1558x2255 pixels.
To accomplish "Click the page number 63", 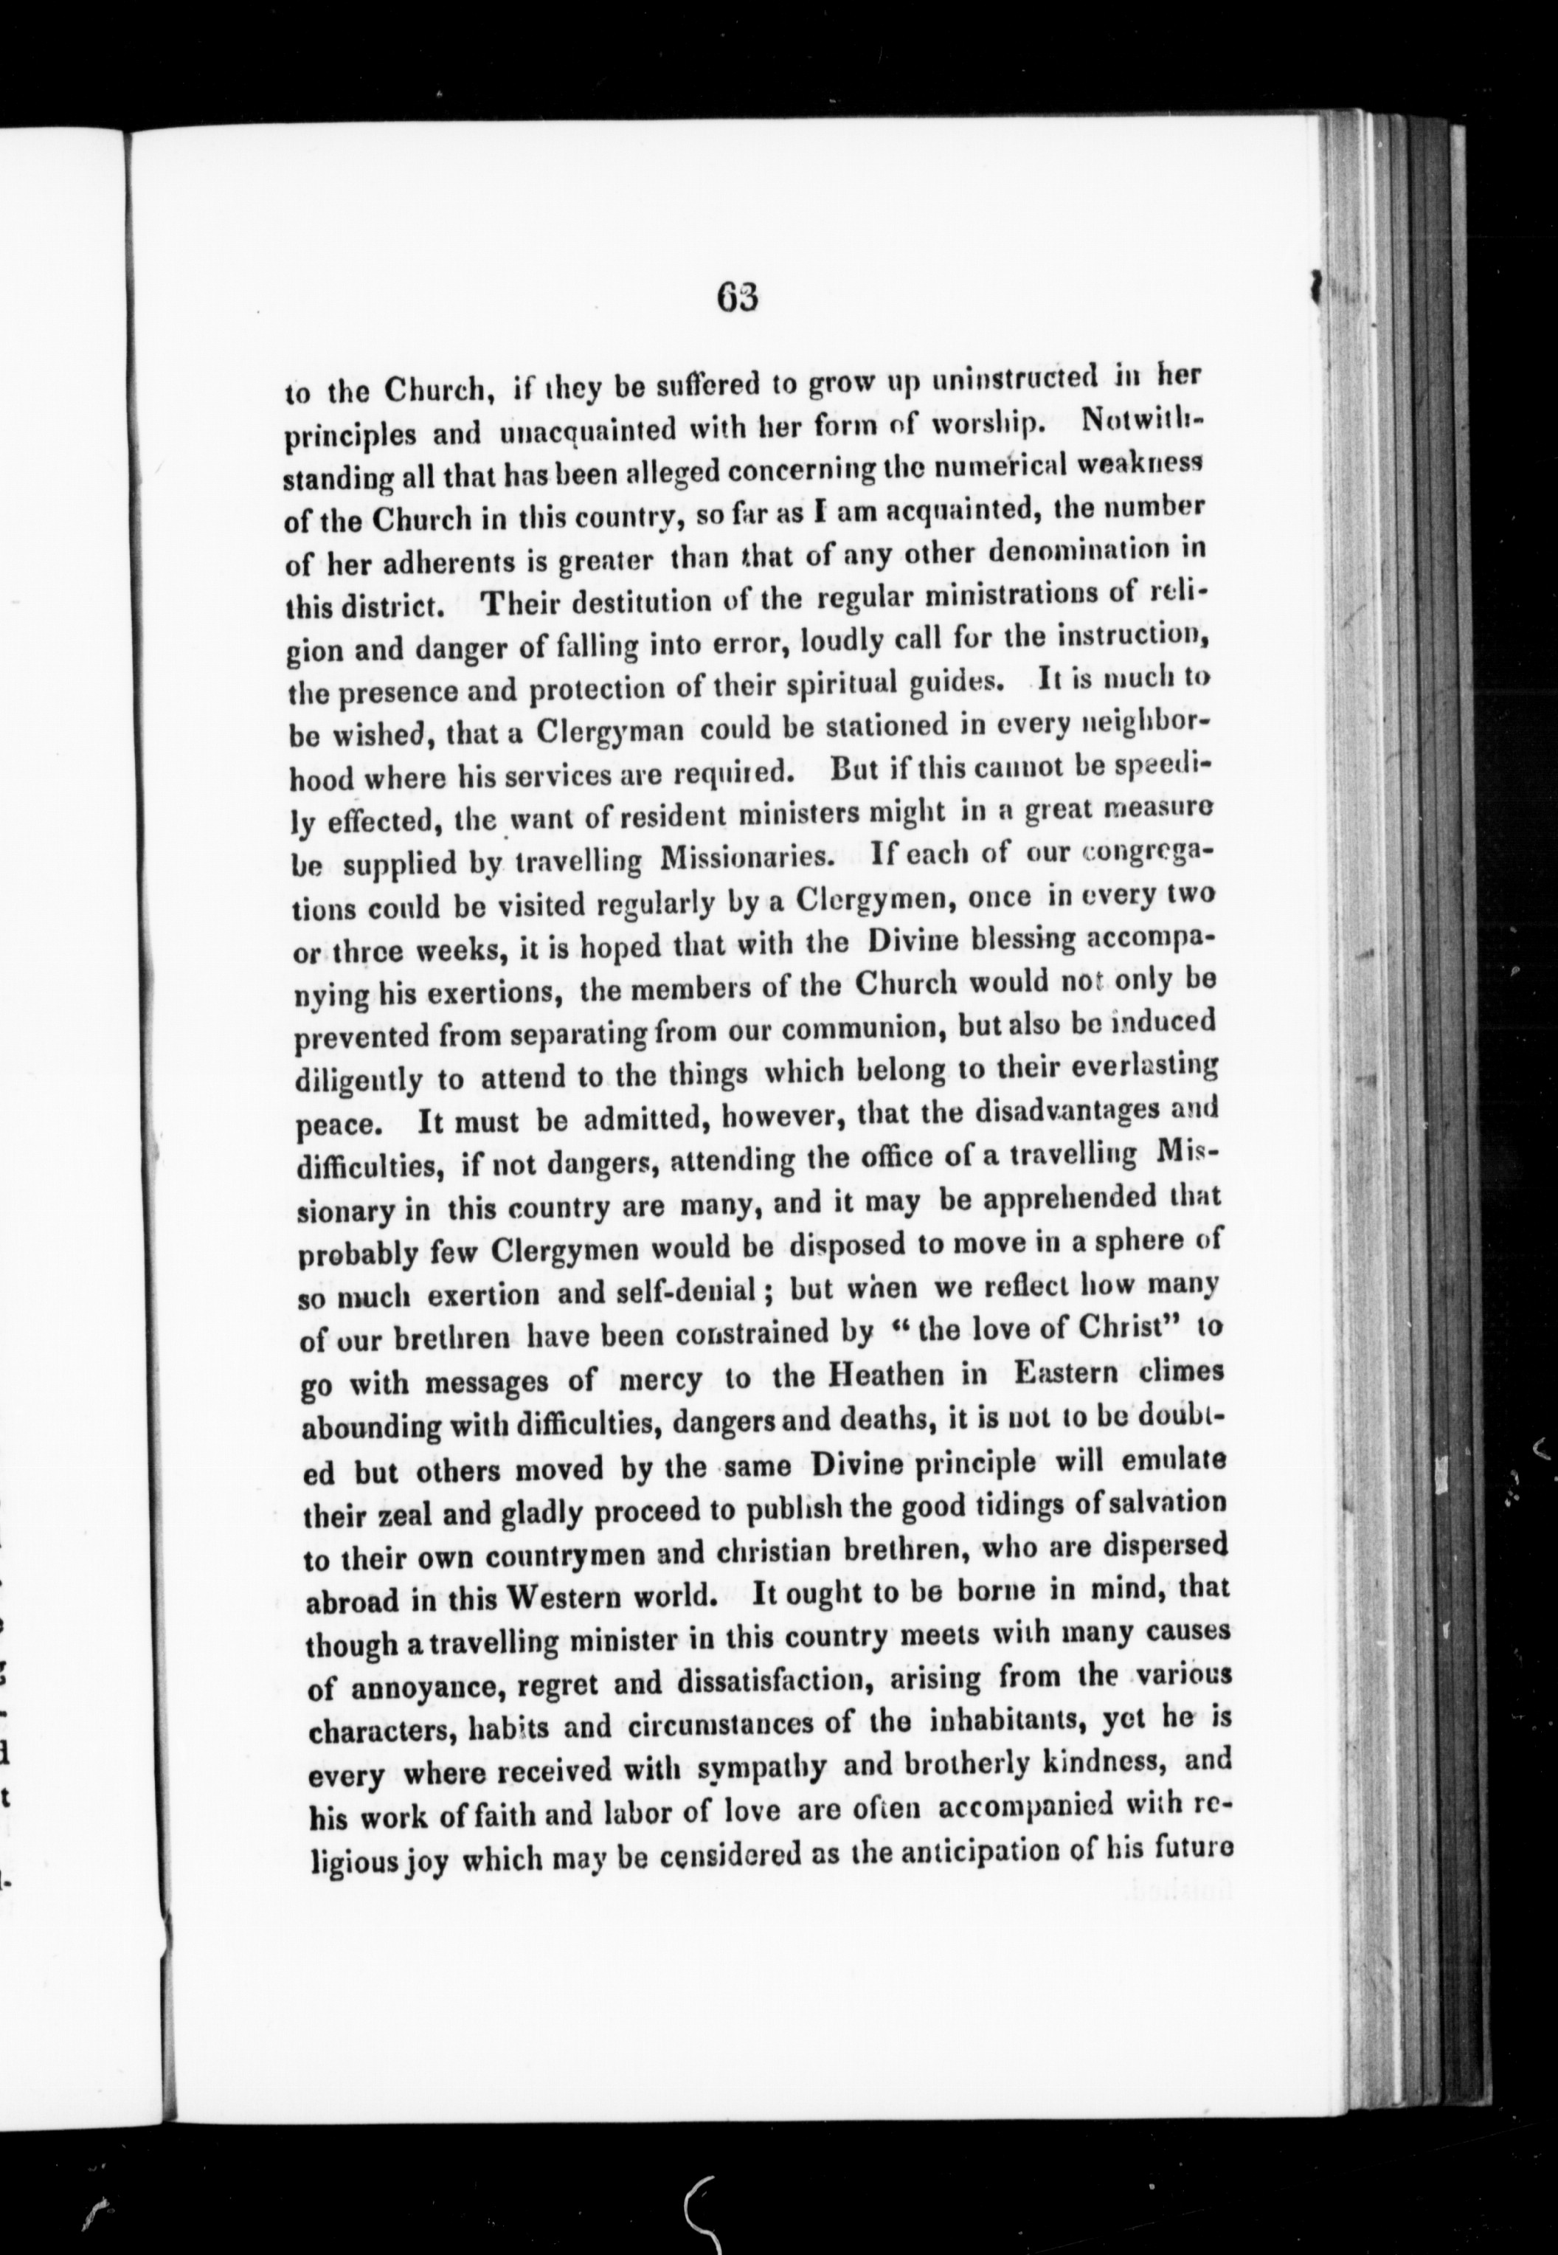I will point(736,295).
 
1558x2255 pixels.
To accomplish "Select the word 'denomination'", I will point(1071,551).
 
